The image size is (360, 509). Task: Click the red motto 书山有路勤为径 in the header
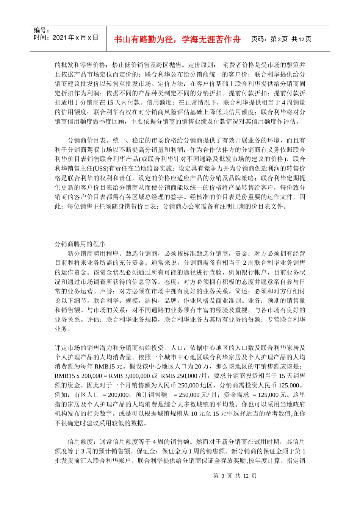point(177,39)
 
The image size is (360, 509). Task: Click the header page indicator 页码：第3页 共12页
point(281,39)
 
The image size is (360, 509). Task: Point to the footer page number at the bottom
point(235,476)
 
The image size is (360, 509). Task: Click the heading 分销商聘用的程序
point(80,244)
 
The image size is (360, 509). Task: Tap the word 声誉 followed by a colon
point(106,292)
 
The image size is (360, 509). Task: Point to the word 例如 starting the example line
point(61,395)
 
